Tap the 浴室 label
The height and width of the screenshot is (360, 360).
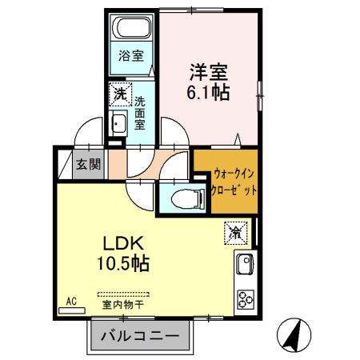pyautogui.click(x=132, y=56)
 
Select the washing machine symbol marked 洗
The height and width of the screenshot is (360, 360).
pyautogui.click(x=118, y=94)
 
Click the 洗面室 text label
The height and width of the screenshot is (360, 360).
pyautogui.click(x=140, y=113)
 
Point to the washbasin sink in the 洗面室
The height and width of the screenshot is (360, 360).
pyautogui.click(x=119, y=124)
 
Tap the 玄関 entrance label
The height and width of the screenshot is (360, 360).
pyautogui.click(x=88, y=166)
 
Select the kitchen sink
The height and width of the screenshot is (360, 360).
pyautogui.click(x=245, y=264)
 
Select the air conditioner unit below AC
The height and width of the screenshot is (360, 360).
pyautogui.click(x=71, y=310)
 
